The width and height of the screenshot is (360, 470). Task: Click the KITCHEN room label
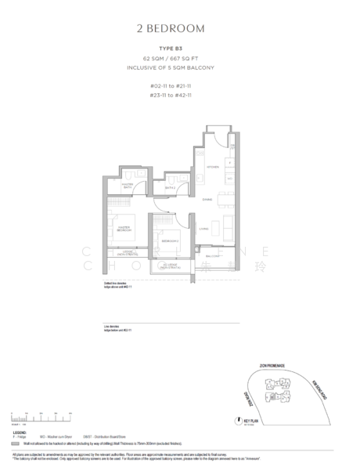tap(211, 168)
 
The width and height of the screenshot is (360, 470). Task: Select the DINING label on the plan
tap(207, 199)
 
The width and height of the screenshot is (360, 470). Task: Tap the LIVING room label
tap(203, 230)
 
